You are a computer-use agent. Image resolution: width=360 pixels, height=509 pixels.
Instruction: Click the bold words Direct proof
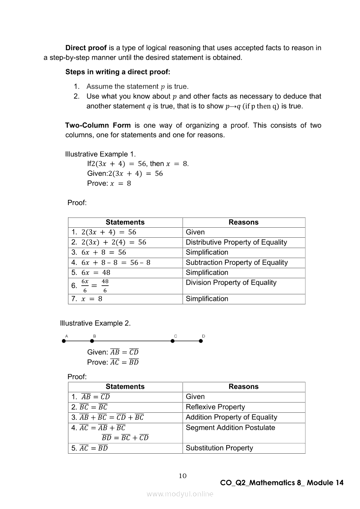pyautogui.click(x=86, y=48)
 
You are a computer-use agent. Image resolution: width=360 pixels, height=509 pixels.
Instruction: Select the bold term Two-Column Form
pyautogui.click(x=98, y=125)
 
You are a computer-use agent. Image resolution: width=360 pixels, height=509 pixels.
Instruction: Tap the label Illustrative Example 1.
pyautogui.click(x=100, y=154)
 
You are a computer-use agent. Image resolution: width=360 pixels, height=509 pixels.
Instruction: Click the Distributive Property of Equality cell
pyautogui.click(x=236, y=242)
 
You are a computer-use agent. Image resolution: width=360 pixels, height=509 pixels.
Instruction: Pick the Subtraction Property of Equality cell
pyautogui.click(x=237, y=262)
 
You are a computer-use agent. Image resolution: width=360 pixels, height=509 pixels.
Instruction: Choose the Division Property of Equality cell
pyautogui.click(x=231, y=283)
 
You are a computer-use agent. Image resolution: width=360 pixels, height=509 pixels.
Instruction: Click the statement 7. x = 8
pyautogui.click(x=87, y=299)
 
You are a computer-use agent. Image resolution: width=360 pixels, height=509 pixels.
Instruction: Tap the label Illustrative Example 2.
pyautogui.click(x=95, y=323)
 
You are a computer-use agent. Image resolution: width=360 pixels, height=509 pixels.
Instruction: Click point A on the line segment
pyautogui.click(x=64, y=341)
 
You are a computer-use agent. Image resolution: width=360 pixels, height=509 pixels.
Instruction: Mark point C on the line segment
pyautogui.click(x=173, y=341)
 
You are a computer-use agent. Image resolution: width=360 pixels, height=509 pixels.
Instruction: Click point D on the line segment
pyautogui.click(x=201, y=341)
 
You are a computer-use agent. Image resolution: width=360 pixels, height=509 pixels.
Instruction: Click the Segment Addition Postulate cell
pyautogui.click(x=230, y=428)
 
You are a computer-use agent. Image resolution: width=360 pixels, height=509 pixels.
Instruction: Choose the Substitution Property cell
pyautogui.click(x=219, y=448)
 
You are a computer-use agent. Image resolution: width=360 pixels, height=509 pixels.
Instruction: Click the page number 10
pyautogui.click(x=183, y=475)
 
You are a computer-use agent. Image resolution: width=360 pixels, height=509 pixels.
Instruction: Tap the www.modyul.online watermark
pyautogui.click(x=180, y=494)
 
